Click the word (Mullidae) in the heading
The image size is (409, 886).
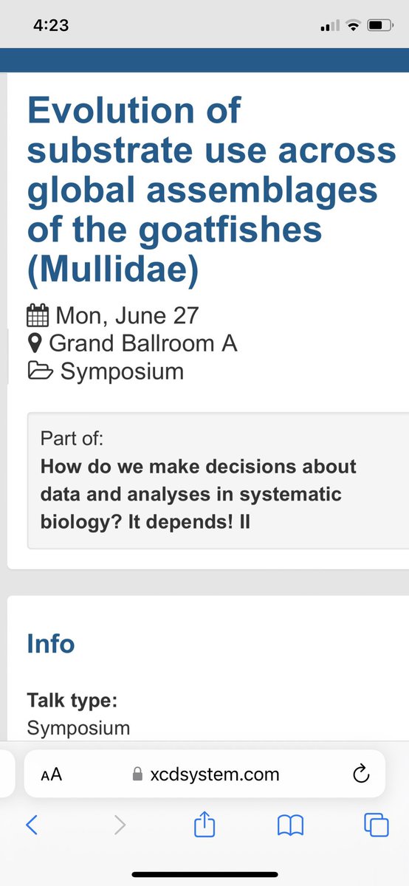[113, 270]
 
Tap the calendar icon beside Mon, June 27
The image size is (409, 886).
[37, 316]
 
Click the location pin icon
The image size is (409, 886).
[34, 343]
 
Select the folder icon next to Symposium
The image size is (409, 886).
[39, 371]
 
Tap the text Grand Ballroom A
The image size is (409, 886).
[142, 343]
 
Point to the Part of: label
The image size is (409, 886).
[72, 439]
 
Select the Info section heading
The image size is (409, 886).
[50, 643]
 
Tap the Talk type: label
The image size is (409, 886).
[72, 699]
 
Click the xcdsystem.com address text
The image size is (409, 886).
[214, 775]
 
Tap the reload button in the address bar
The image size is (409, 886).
[360, 775]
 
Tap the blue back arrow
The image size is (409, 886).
[32, 825]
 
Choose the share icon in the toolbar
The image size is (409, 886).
[204, 824]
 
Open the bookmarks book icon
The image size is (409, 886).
[290, 825]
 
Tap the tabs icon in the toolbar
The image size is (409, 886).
[377, 825]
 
